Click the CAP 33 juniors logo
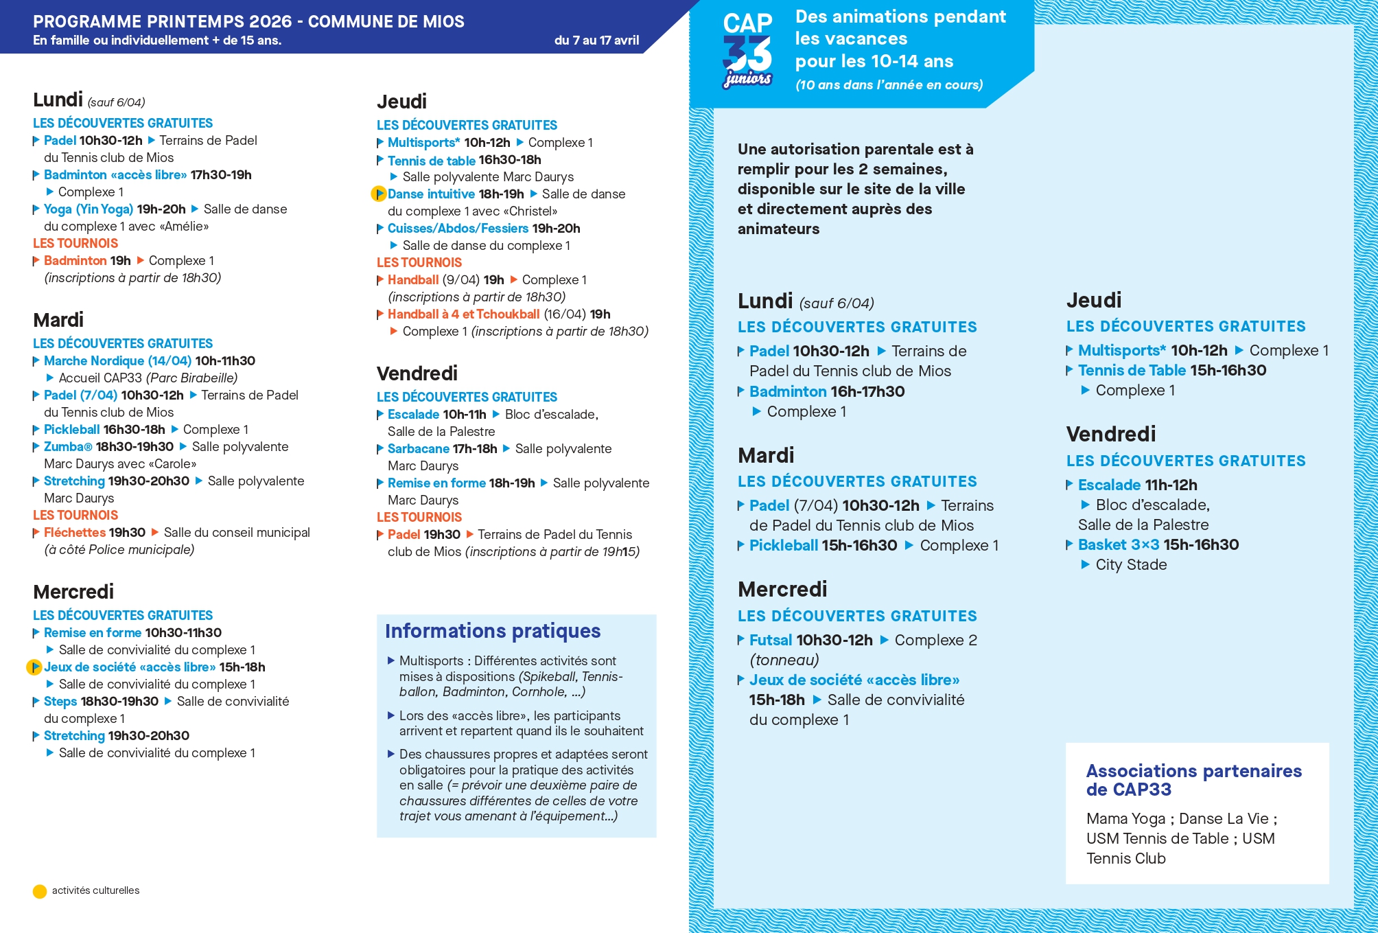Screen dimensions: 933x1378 (x=747, y=51)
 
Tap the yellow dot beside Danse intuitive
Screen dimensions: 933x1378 (x=378, y=194)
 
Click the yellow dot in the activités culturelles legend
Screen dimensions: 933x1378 (x=40, y=891)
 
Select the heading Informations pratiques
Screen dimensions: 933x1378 (x=493, y=631)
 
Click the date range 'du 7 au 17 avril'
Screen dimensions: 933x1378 (x=596, y=41)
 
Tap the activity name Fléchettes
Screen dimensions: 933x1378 (x=75, y=533)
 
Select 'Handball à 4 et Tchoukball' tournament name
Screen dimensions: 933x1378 (x=463, y=314)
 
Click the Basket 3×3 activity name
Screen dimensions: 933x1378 (x=1118, y=545)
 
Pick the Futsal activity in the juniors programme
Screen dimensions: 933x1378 (x=770, y=641)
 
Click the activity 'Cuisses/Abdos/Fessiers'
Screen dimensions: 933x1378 (x=458, y=229)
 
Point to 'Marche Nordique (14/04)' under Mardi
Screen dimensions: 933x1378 (x=117, y=361)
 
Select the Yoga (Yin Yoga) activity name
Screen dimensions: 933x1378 (x=89, y=209)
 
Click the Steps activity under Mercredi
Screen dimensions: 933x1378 (x=60, y=702)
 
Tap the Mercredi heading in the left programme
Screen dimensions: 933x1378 (x=73, y=592)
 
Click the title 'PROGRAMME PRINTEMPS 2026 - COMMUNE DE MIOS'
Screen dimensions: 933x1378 (x=248, y=22)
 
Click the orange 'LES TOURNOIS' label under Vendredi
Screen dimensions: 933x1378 (x=419, y=518)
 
